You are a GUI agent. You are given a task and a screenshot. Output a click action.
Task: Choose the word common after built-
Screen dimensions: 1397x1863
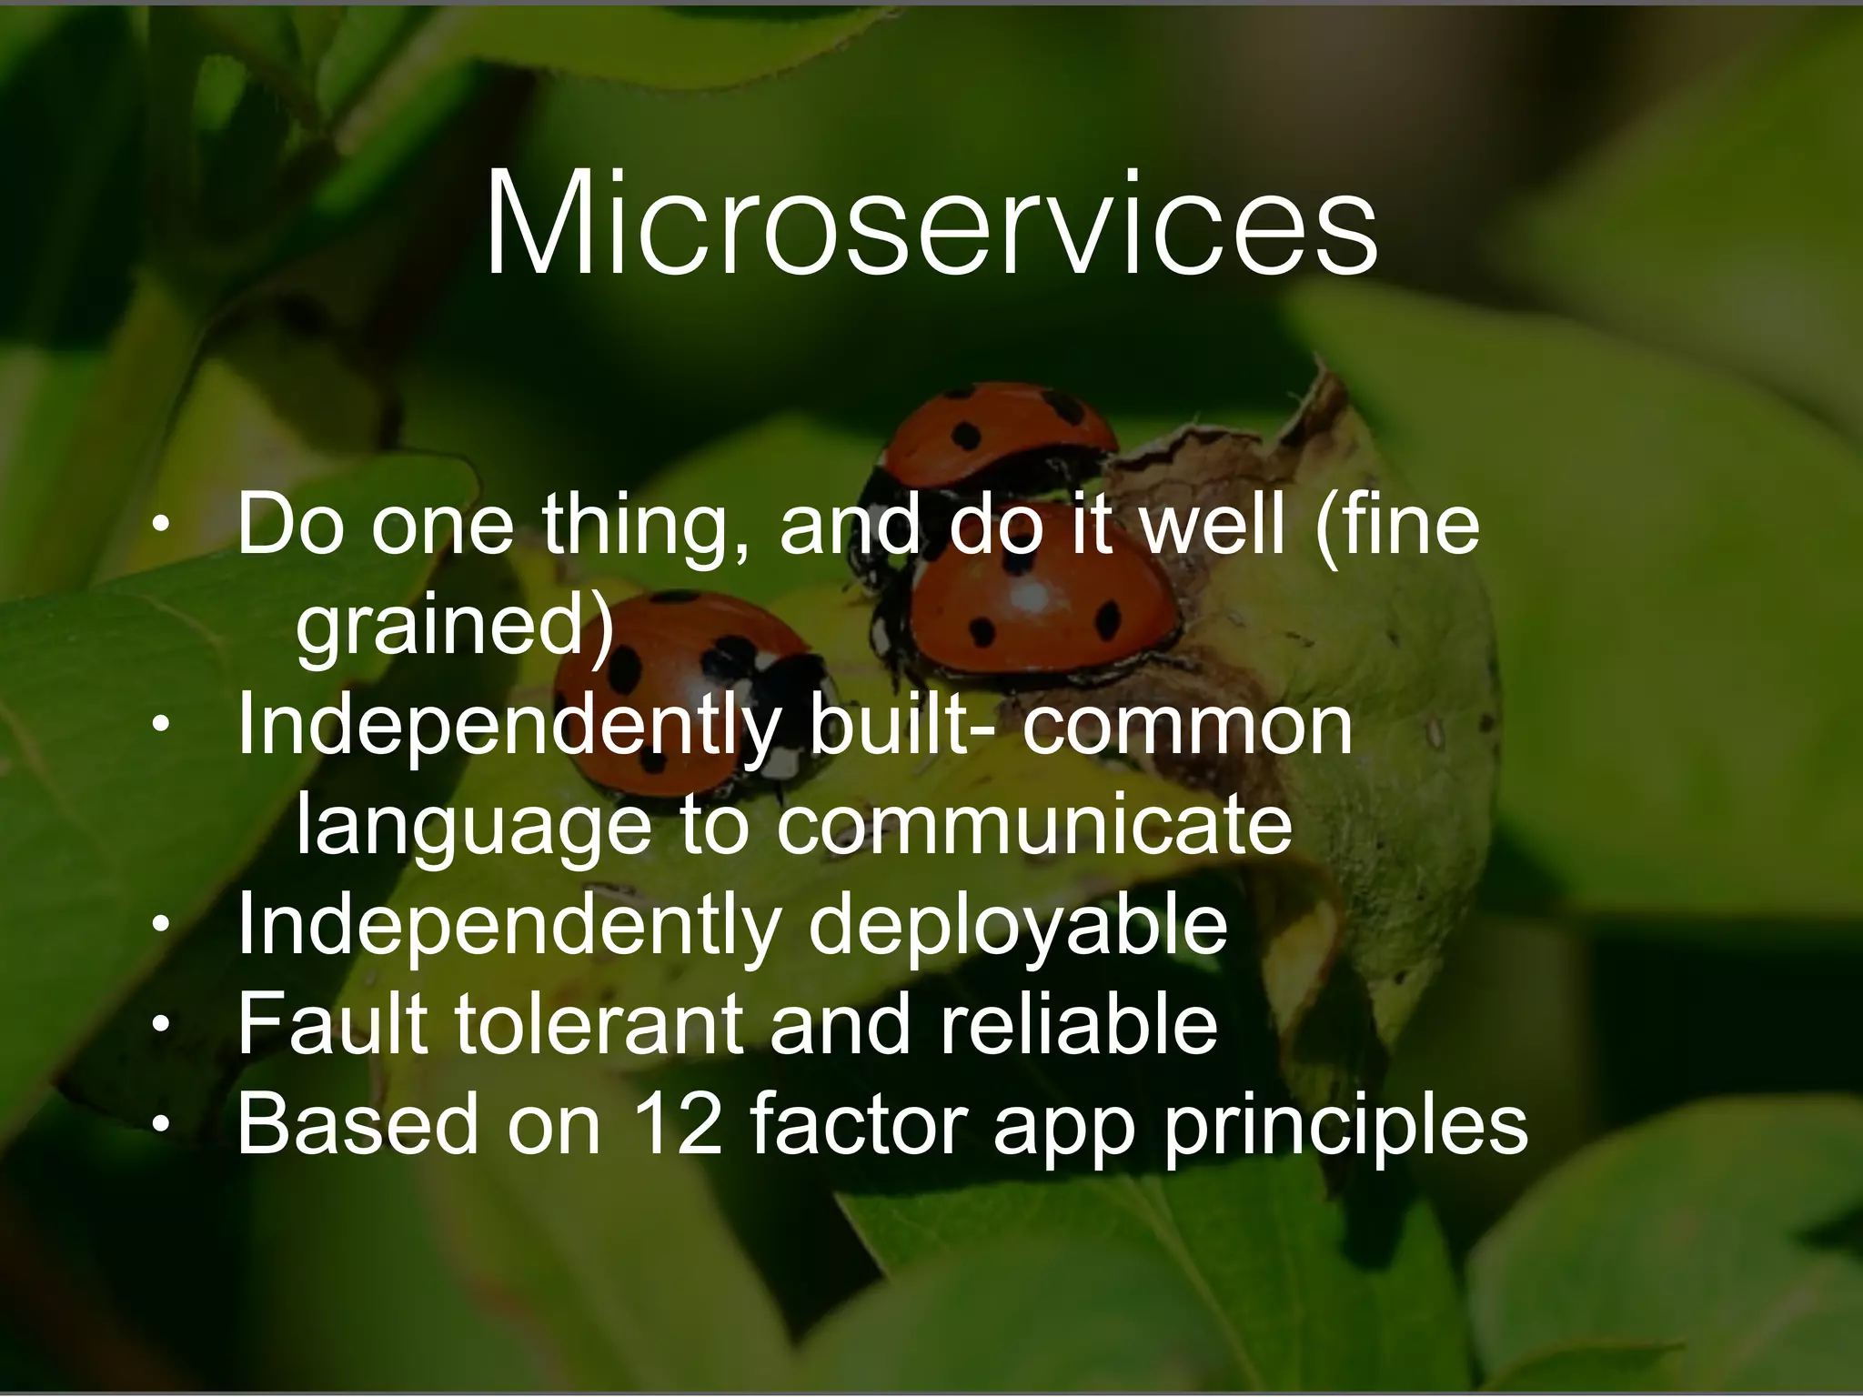pyautogui.click(x=1187, y=728)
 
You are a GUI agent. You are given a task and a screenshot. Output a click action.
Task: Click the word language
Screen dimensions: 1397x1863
pyautogui.click(x=474, y=828)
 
